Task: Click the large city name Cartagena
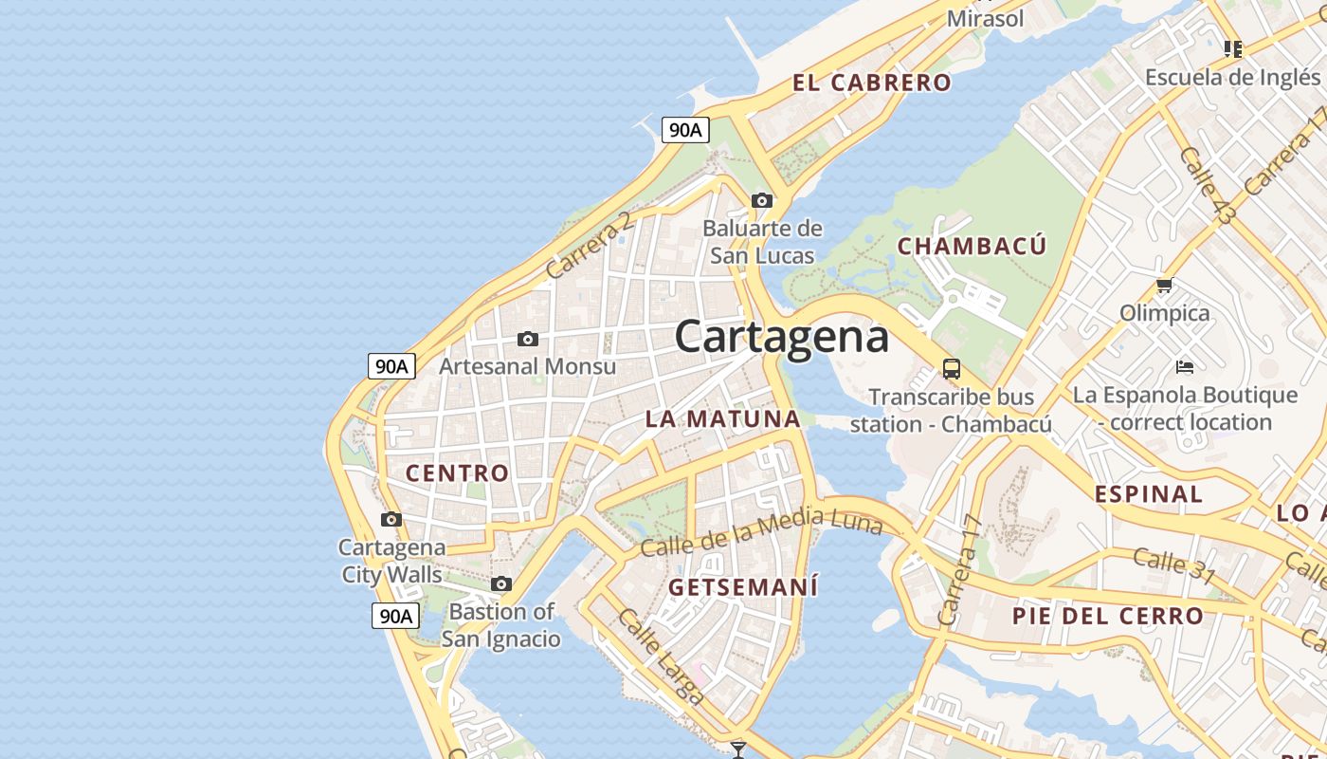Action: point(782,337)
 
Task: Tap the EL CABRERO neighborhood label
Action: point(872,83)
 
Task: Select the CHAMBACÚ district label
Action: point(972,247)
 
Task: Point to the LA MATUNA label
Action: point(723,418)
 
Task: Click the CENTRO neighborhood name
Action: point(458,472)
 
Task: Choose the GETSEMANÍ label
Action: point(743,587)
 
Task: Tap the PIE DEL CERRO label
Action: point(1108,616)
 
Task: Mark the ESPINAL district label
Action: point(1149,494)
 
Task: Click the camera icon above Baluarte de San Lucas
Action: point(762,200)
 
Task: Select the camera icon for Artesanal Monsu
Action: point(528,339)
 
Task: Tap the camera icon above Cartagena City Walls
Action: point(391,519)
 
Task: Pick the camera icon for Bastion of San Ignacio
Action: point(501,583)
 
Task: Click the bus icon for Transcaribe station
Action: point(952,369)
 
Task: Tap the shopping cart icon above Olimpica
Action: point(1165,285)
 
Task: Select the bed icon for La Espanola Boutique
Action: point(1184,366)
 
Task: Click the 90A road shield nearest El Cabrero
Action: point(685,130)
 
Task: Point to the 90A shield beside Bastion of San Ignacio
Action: point(394,616)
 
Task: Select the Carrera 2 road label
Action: point(589,245)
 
